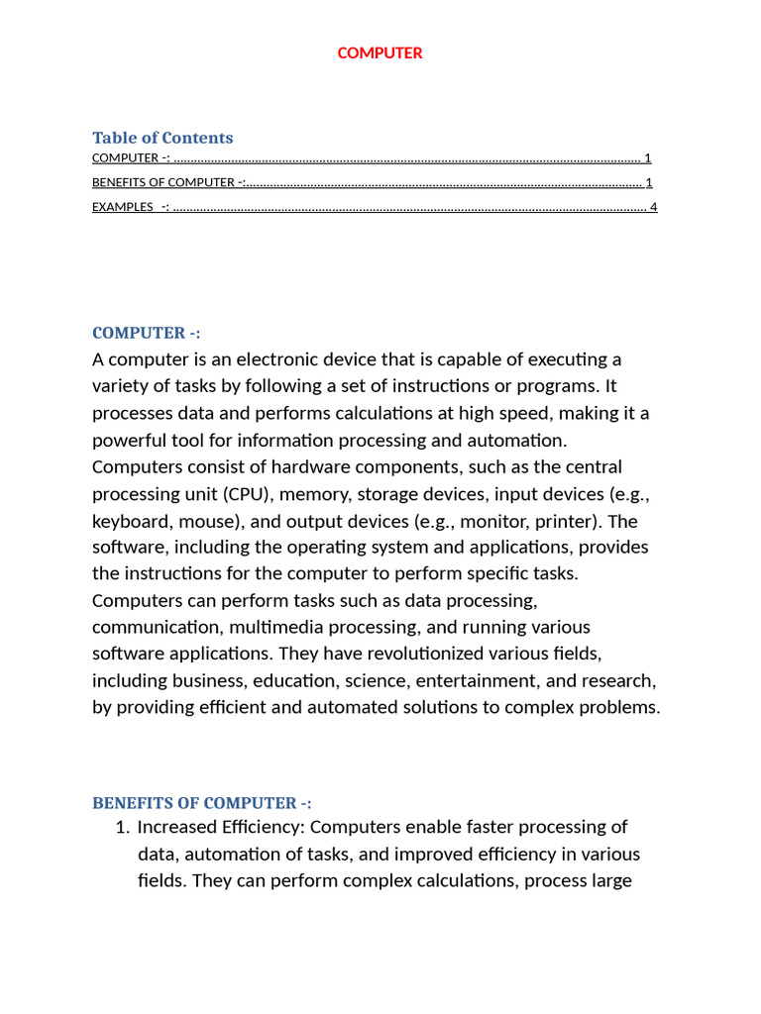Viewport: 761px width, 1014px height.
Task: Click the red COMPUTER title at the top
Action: [x=380, y=53]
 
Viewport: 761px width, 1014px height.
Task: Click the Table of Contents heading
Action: [x=163, y=138]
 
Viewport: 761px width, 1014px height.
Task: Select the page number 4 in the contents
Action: [x=653, y=207]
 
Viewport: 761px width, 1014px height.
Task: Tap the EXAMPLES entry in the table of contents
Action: [x=124, y=207]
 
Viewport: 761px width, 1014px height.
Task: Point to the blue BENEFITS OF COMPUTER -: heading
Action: [x=202, y=803]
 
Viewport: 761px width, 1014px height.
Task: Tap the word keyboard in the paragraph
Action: [x=129, y=520]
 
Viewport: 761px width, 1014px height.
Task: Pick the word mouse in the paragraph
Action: [x=202, y=520]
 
